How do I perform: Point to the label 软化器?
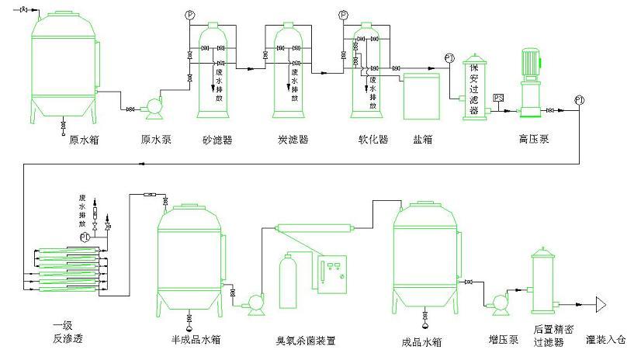click(372, 140)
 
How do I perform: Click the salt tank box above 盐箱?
click(422, 96)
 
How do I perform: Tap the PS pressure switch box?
click(499, 98)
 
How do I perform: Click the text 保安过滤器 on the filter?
click(473, 85)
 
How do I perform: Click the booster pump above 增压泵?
click(500, 300)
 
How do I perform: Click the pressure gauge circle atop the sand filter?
click(190, 15)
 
